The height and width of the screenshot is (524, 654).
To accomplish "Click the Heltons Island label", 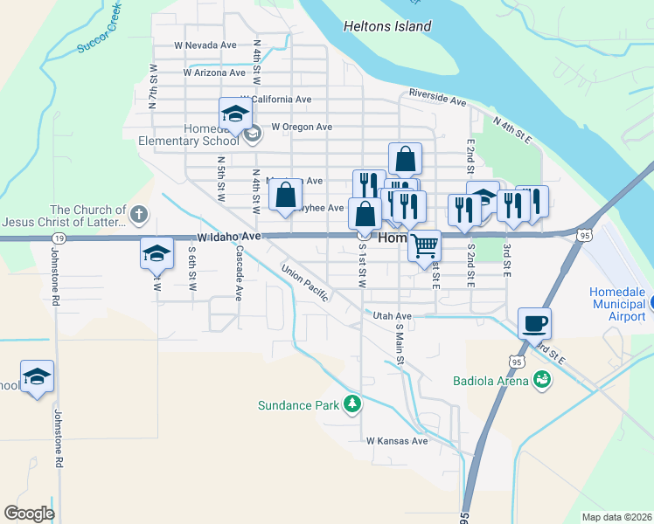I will [x=387, y=26].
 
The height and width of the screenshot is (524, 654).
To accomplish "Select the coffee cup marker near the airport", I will [x=534, y=325].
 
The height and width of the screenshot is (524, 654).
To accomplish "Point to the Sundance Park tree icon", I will [x=351, y=403].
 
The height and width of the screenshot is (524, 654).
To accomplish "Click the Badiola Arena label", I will [x=491, y=380].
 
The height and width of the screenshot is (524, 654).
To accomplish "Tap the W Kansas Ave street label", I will [x=397, y=441].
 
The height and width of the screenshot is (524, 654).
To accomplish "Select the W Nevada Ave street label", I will [x=205, y=45].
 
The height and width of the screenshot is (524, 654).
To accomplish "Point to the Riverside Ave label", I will [x=437, y=96].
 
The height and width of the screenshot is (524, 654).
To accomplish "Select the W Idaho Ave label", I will [x=230, y=237].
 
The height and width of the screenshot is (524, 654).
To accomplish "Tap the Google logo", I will [x=29, y=514].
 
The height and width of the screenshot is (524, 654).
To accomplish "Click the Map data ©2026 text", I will [x=616, y=517].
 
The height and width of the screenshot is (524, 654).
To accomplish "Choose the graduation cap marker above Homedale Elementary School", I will [x=234, y=114].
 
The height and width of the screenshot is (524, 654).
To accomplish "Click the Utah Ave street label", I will [x=392, y=315].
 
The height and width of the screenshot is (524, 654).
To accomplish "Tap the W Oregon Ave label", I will [x=301, y=127].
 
